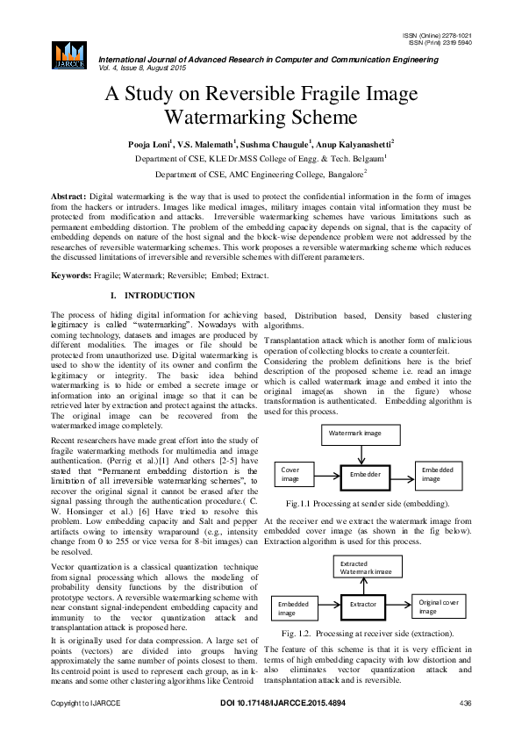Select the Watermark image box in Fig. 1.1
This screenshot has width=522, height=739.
(x=361, y=434)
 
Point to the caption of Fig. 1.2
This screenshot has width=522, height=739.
(x=368, y=633)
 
